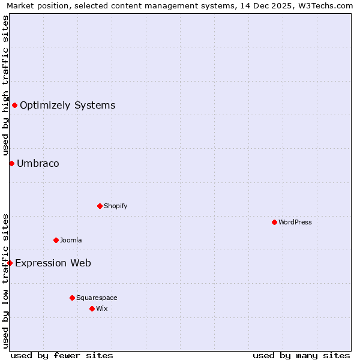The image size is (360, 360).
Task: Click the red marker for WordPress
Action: coord(274,222)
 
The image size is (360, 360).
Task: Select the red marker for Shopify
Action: coord(100,206)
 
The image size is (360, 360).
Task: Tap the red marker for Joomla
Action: coord(56,240)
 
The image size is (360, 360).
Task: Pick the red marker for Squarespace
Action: coord(72,298)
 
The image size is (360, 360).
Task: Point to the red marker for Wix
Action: coord(92,308)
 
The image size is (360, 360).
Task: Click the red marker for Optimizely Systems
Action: coord(14,106)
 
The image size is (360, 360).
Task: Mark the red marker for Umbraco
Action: coord(11,163)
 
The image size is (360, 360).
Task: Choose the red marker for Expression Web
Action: coord(10,263)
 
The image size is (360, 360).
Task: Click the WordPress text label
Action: coord(295,222)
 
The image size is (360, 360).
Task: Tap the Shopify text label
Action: coord(116,206)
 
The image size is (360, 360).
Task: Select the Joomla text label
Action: coord(71,240)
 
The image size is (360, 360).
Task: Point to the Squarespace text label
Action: coord(97,298)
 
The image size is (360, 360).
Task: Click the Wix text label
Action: coord(101,308)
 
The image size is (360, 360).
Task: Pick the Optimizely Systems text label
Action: coord(67,106)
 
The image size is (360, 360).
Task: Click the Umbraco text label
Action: coord(38,163)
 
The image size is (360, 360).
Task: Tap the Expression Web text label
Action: coord(53,263)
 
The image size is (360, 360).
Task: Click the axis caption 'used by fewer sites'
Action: coord(62,355)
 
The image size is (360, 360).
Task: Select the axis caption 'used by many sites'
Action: coord(301,355)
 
